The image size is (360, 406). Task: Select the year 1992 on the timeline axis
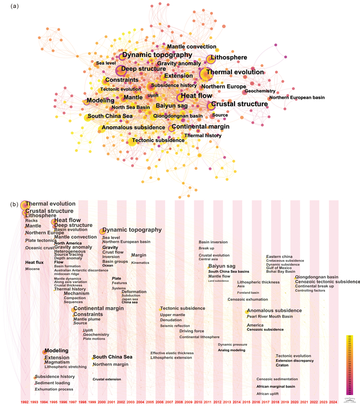pos(24,401)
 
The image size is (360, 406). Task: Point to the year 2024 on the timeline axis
pos(333,401)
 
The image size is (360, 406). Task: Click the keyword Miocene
pos(32,269)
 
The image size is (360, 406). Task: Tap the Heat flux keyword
pos(34,262)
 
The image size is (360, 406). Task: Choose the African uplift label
pos(267,393)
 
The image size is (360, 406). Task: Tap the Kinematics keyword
pos(140,262)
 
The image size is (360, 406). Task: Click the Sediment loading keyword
pos(52,383)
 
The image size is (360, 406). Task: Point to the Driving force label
pos(192,331)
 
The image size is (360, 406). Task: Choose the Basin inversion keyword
pos(213,242)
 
